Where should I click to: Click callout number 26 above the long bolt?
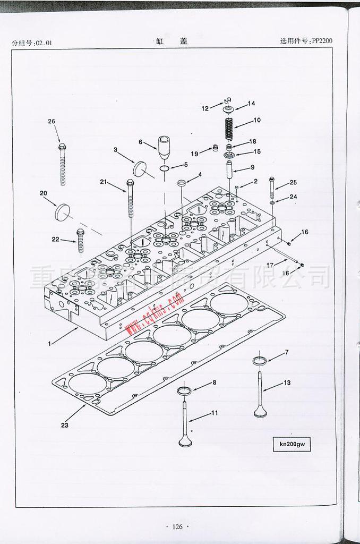pos(52,122)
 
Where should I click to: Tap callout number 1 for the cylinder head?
pos(49,343)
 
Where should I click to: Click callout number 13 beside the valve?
pos(287,382)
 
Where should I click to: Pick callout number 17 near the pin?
pos(270,265)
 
